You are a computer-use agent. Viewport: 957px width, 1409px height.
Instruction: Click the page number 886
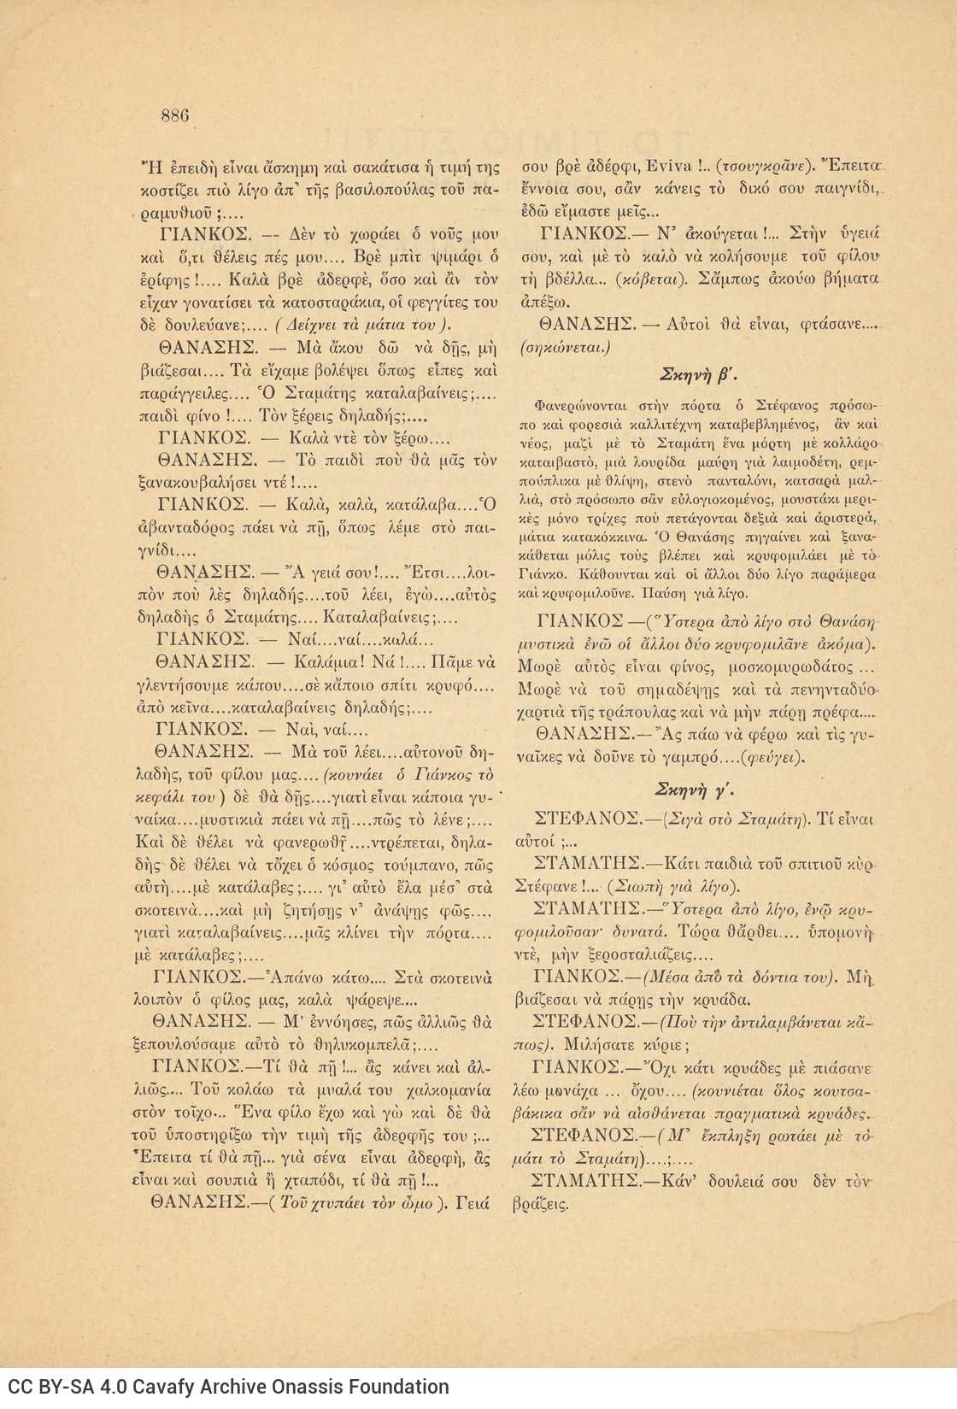[174, 115]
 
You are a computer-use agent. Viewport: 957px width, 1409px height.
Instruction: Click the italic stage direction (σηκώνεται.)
[564, 348]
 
